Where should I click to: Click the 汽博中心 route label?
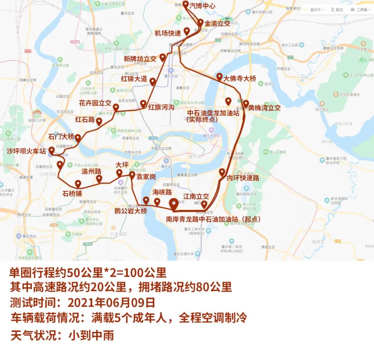point(203,6)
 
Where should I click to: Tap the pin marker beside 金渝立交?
point(201,23)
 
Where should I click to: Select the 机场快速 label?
point(168,33)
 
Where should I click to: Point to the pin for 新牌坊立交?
point(162,58)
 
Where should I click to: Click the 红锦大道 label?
point(134,79)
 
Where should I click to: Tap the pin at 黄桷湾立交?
point(246,104)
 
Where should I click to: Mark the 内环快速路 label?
point(243,178)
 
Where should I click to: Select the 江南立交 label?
point(196,196)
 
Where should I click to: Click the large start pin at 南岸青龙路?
point(173,204)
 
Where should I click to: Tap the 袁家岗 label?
point(146,177)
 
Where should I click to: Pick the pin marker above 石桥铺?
point(78,184)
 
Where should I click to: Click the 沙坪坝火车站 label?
point(26,151)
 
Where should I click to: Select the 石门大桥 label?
point(61,137)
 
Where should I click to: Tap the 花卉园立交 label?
point(95,103)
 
